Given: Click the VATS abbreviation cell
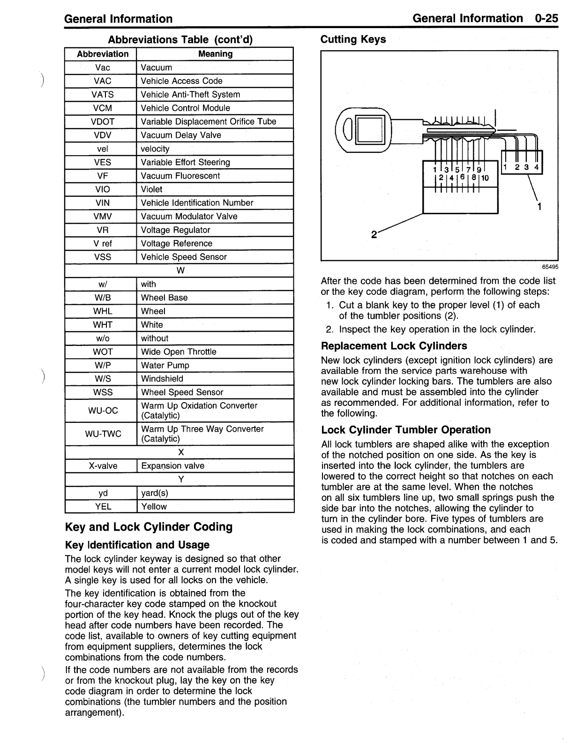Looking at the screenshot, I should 103,94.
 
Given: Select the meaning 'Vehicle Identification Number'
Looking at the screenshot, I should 197,202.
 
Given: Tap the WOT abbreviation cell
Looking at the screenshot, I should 103,352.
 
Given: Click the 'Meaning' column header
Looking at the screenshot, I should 215,54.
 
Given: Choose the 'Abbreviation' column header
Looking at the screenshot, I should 103,54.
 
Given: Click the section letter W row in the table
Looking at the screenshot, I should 180,270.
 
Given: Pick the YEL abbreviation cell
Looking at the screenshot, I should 103,506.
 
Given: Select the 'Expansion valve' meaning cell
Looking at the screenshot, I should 172,465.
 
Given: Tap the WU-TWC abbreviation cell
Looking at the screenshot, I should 103,434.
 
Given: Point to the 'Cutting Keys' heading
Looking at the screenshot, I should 353,39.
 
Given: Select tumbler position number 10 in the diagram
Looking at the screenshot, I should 484,178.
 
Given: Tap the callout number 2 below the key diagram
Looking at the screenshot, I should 374,234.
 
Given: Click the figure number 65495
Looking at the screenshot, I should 550,267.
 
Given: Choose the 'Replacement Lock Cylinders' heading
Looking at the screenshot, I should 394,346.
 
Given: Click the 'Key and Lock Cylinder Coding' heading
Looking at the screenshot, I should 149,527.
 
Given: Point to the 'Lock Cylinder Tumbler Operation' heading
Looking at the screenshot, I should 406,430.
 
